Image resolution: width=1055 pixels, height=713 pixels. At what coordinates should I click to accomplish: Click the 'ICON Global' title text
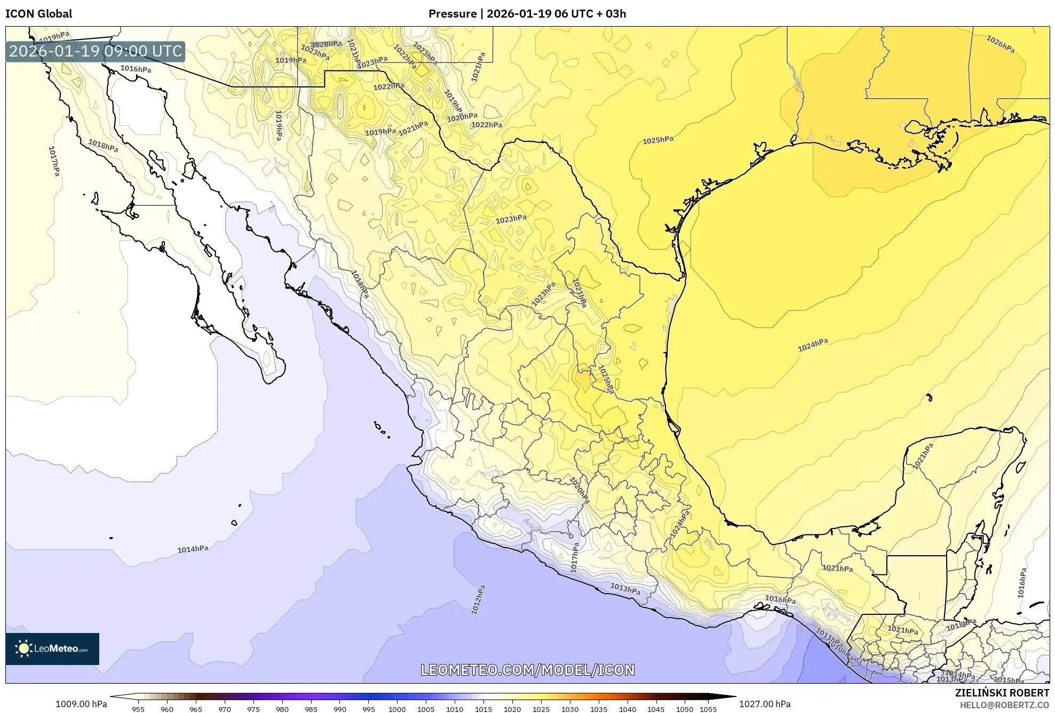click(x=38, y=14)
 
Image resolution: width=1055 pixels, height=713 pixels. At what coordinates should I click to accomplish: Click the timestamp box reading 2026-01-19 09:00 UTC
click(x=96, y=51)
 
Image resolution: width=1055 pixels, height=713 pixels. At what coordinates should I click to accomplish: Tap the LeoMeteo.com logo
click(x=52, y=648)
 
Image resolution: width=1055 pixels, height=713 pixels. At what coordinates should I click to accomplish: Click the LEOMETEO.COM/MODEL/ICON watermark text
click(x=527, y=670)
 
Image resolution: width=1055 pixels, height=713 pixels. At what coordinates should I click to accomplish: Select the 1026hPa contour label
click(x=1000, y=44)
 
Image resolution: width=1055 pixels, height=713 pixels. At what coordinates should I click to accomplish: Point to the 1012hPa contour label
click(x=478, y=600)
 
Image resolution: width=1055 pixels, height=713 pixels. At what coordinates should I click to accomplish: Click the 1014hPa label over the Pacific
click(x=193, y=549)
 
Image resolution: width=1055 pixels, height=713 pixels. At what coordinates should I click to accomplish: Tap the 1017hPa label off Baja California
click(x=54, y=161)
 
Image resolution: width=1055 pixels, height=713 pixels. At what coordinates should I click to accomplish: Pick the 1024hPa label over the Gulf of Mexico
click(x=813, y=345)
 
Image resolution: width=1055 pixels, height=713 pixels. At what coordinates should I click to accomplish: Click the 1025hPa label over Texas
click(x=657, y=140)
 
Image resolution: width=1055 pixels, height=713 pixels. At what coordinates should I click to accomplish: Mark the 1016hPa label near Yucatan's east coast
click(x=1021, y=583)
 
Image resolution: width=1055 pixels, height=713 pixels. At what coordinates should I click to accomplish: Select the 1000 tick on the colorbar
click(x=397, y=709)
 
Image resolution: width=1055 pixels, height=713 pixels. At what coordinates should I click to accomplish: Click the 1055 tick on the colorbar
click(x=708, y=709)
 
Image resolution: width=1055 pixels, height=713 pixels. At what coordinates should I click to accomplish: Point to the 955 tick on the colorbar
click(x=138, y=709)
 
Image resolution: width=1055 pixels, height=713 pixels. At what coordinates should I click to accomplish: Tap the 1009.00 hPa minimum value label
click(x=81, y=704)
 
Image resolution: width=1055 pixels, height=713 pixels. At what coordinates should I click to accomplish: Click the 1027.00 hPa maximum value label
click(x=764, y=704)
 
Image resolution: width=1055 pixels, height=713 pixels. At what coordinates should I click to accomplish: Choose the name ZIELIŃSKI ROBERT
click(x=1002, y=693)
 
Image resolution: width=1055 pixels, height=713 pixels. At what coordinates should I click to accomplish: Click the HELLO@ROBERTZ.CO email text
click(x=1004, y=705)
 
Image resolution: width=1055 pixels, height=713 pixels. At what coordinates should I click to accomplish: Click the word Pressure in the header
click(x=453, y=14)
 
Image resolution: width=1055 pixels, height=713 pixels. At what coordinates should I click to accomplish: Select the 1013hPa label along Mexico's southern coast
click(x=625, y=589)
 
